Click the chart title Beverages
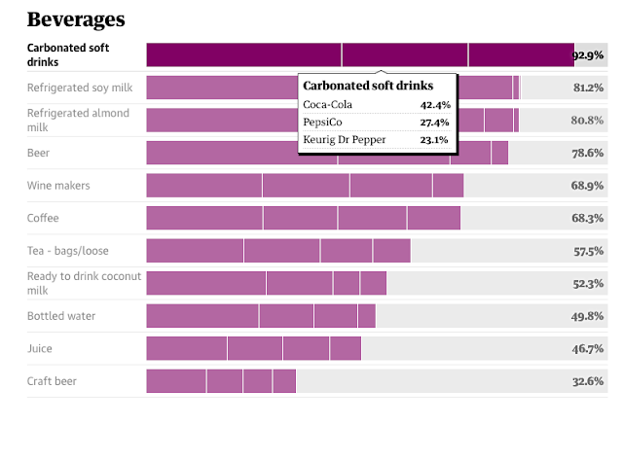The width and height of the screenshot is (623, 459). coord(75,18)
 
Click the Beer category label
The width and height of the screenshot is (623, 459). coord(39,153)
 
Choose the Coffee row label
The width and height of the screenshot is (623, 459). coord(44,218)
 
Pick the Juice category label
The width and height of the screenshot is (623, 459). coord(40,348)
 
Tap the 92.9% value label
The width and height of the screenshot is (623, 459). coord(589,55)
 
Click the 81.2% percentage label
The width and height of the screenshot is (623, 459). coord(589,88)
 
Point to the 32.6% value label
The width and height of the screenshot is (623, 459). coord(589,381)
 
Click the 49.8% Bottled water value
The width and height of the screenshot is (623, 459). coord(589,316)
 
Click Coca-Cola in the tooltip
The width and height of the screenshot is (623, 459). coord(327,104)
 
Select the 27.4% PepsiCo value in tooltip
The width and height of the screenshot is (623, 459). coord(434,122)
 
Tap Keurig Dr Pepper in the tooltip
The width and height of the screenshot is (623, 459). coord(345,139)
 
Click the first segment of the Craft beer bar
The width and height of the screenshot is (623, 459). coord(176,381)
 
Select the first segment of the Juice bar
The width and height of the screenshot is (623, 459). coord(186,348)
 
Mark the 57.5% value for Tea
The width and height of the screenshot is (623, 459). coord(589,251)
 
